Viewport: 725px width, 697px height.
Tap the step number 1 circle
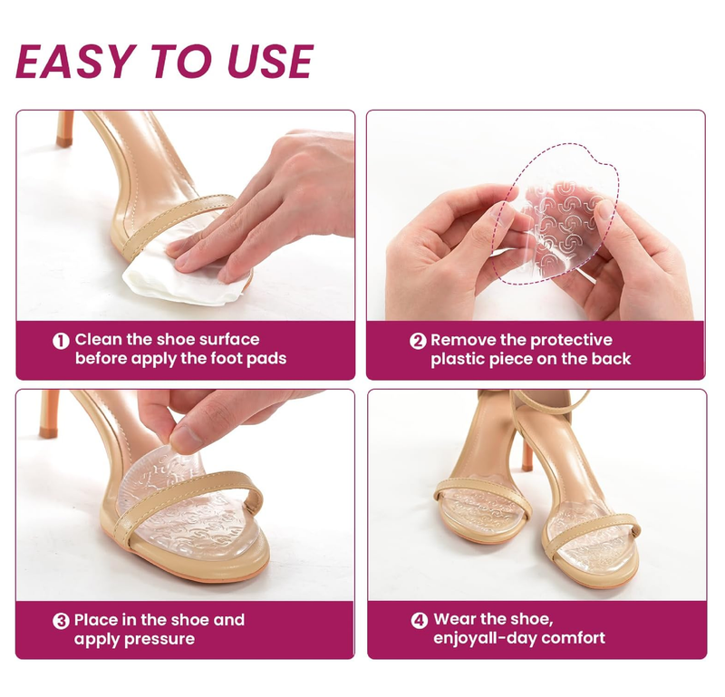click(61, 341)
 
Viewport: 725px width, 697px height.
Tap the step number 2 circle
click(418, 341)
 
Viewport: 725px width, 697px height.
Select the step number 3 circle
click(61, 621)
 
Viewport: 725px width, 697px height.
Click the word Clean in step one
click(99, 340)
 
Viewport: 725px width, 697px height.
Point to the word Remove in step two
click(463, 341)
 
